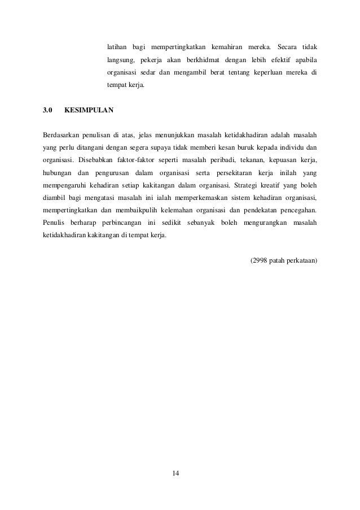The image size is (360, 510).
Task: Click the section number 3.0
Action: pos(48,110)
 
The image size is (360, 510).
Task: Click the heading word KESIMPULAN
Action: pos(89,110)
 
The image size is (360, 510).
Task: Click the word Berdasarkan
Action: pos(62,136)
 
